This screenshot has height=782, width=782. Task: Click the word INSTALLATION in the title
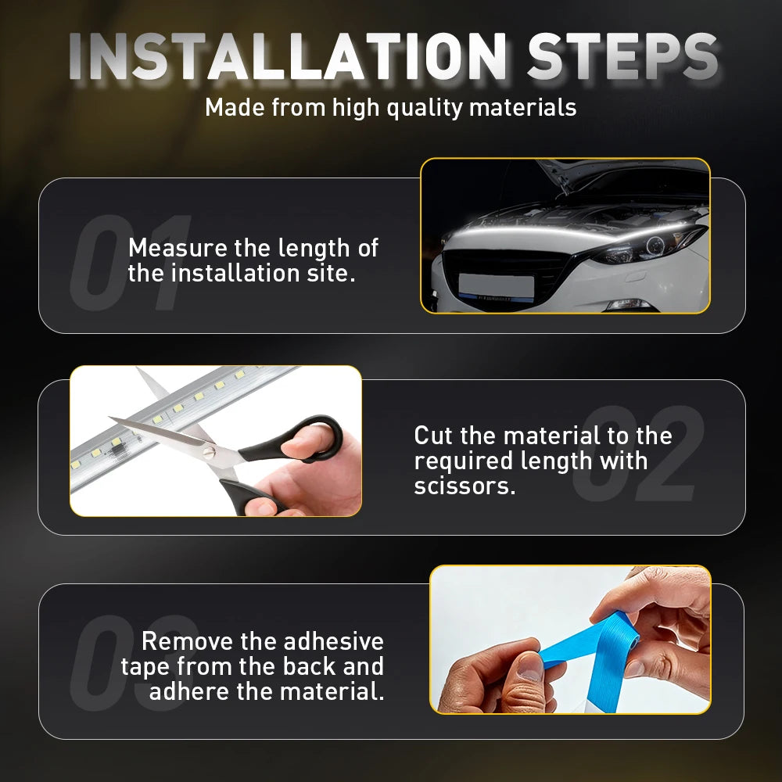pyautogui.click(x=287, y=56)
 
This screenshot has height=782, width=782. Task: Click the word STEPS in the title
pyautogui.click(x=622, y=56)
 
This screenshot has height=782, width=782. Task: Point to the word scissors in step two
pyautogui.click(x=465, y=486)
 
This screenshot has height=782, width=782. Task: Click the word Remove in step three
pyautogui.click(x=188, y=641)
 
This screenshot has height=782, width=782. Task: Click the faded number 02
pyautogui.click(x=638, y=453)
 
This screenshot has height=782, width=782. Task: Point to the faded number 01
pyautogui.click(x=131, y=262)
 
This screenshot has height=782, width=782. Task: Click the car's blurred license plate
pyautogui.click(x=497, y=286)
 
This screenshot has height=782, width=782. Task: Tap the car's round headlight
pyautogui.click(x=655, y=246)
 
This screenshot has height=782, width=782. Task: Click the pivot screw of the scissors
pyautogui.click(x=210, y=453)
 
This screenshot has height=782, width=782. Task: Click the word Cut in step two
pyautogui.click(x=433, y=436)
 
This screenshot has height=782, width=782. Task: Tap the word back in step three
pyautogui.click(x=309, y=666)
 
